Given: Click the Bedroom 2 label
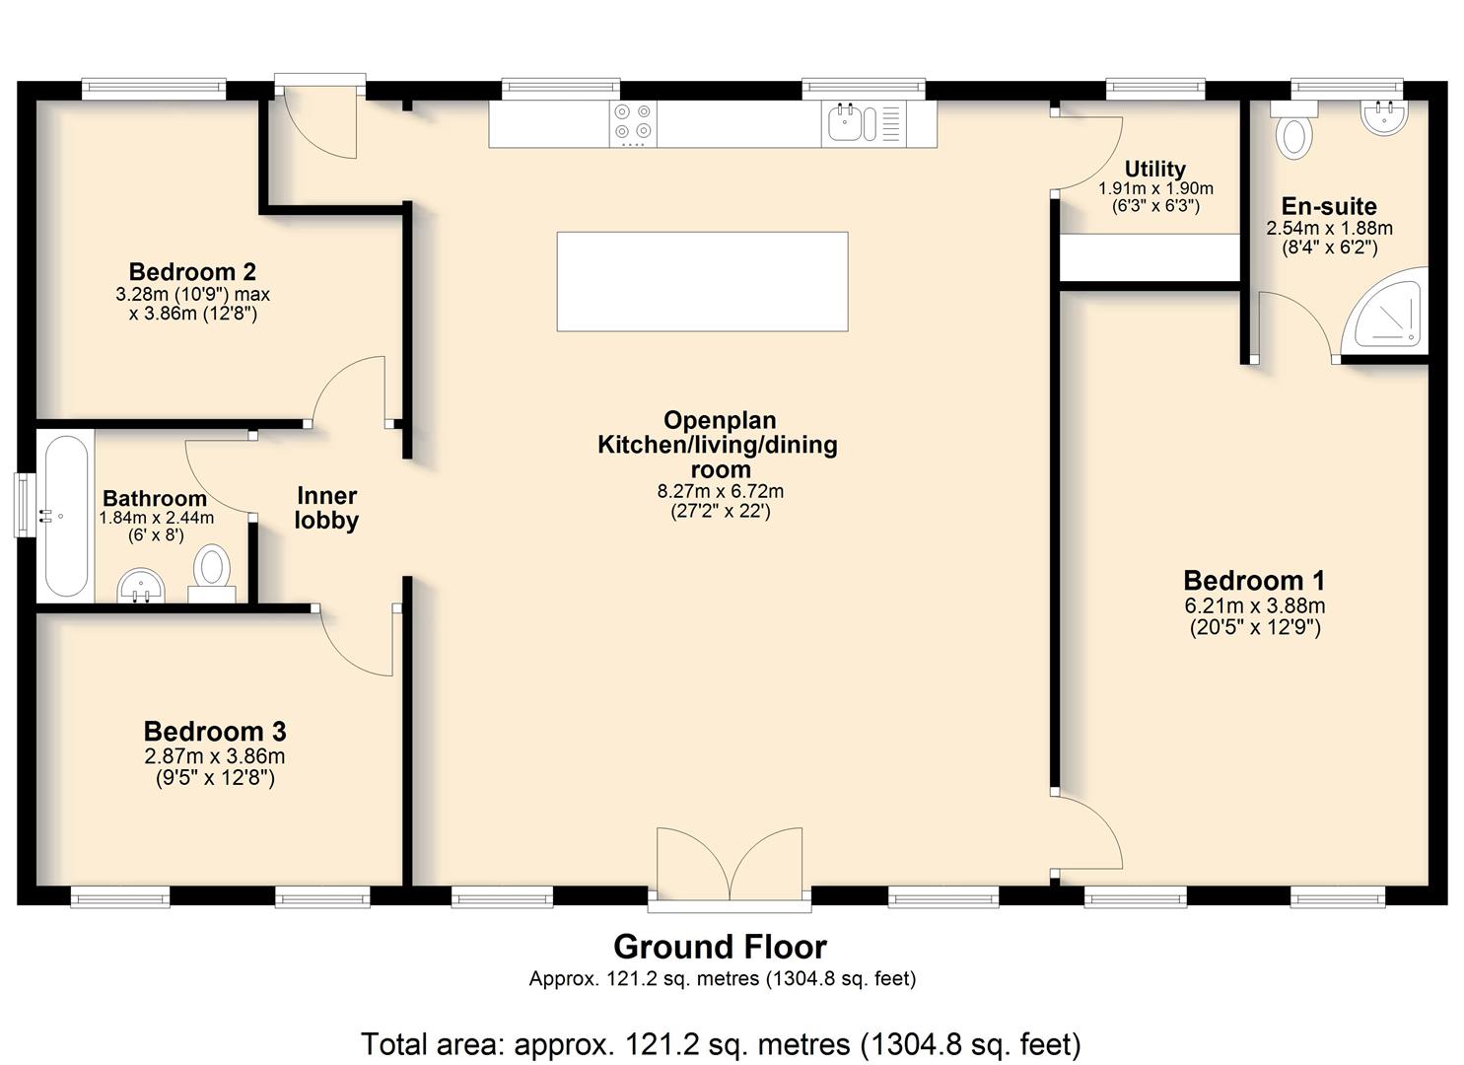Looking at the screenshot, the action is [192, 271].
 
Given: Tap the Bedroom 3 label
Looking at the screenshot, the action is [215, 732].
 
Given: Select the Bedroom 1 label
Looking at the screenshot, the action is [1254, 581].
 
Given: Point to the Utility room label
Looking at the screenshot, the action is [1154, 170].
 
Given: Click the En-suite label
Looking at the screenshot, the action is [1329, 207].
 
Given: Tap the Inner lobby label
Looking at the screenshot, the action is [326, 508].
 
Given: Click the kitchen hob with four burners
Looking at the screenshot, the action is [633, 123].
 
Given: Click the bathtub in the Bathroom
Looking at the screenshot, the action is [65, 517].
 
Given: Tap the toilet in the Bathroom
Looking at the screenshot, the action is [212, 574].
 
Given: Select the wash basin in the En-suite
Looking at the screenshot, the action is [1384, 117].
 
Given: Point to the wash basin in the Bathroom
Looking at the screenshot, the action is [141, 586].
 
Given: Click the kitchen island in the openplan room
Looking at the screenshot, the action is [703, 282].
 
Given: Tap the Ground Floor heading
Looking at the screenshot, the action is [721, 948].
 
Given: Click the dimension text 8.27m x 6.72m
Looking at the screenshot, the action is [721, 492].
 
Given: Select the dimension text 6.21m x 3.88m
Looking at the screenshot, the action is [1255, 606].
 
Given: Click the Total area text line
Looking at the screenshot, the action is [721, 1044].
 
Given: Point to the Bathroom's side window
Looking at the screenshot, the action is [25, 505].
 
